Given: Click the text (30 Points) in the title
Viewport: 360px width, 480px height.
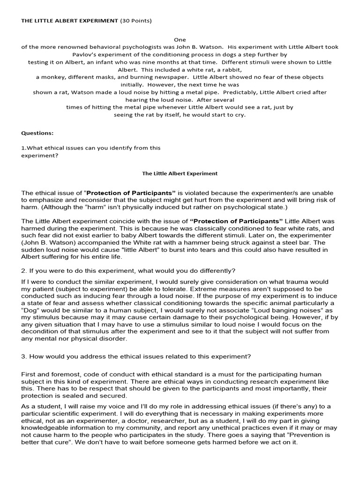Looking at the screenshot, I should [x=136, y=21].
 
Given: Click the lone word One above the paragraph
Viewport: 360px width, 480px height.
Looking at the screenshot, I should [x=180, y=40].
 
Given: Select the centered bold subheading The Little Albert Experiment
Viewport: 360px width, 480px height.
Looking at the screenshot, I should [x=180, y=173].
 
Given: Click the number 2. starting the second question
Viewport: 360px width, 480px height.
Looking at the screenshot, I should [x=24, y=271].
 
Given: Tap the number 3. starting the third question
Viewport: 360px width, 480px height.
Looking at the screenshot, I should [x=24, y=356].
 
